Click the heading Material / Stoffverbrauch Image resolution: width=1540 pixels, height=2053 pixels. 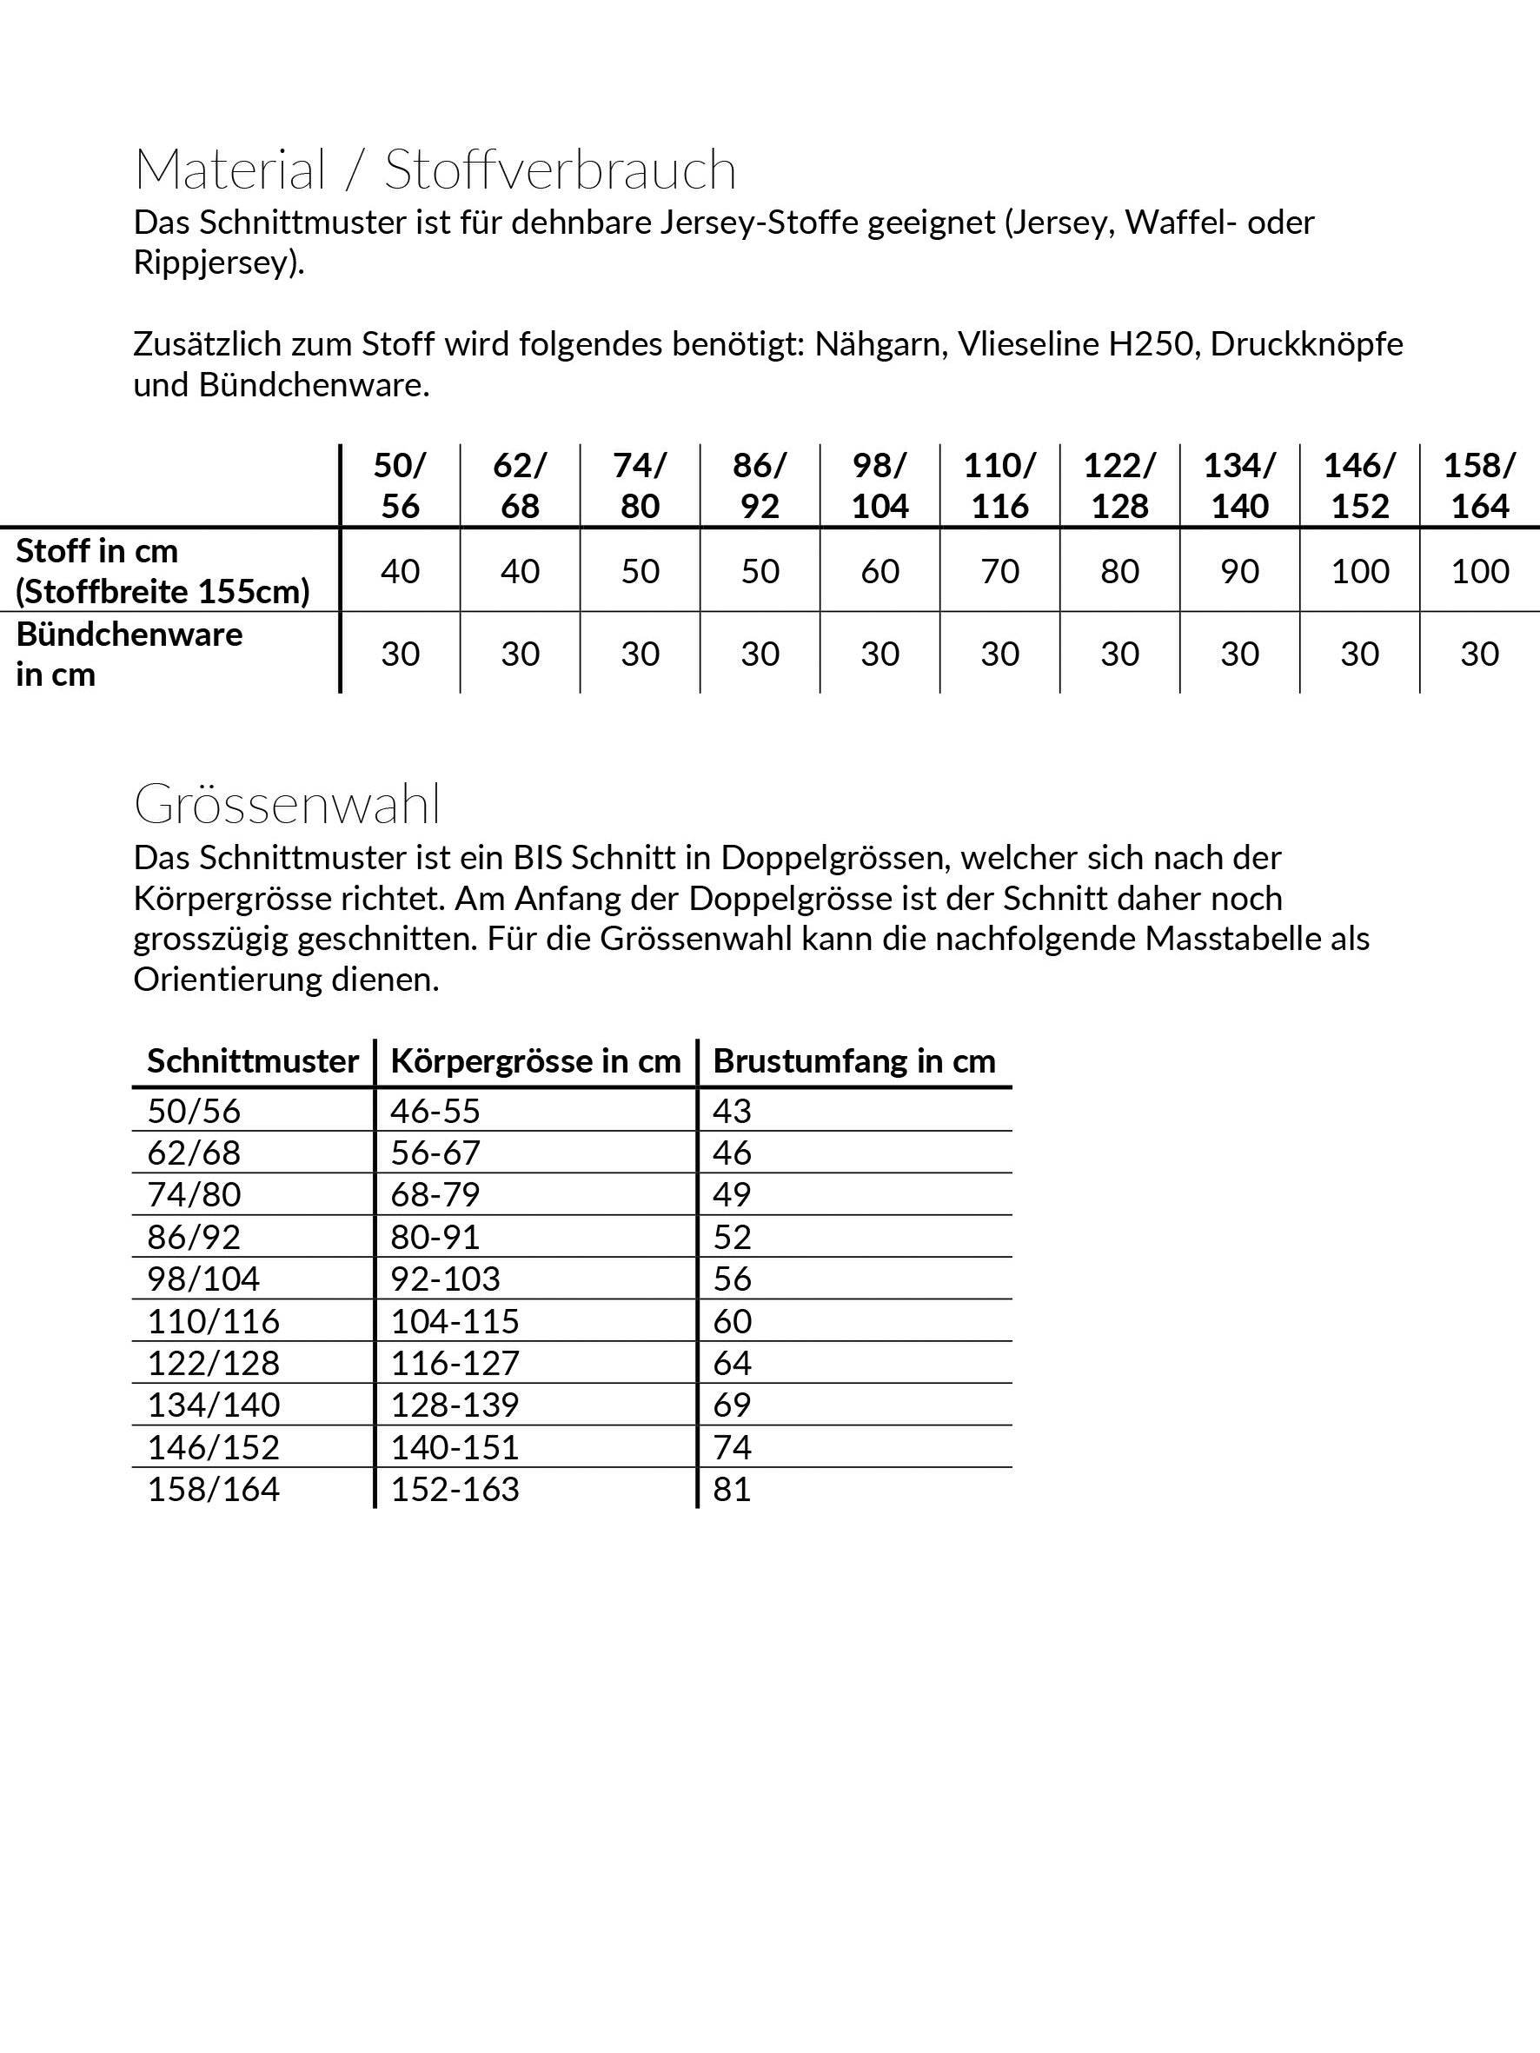435,169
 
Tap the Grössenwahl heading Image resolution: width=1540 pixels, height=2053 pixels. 287,804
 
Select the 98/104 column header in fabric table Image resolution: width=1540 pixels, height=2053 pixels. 880,485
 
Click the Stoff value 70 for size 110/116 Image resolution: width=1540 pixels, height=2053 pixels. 999,571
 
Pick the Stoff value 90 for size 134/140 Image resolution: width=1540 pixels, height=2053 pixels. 1239,571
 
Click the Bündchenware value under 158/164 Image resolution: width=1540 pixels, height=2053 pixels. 1479,654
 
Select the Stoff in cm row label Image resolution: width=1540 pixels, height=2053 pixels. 163,571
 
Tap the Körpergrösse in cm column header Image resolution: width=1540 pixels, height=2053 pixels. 534,1061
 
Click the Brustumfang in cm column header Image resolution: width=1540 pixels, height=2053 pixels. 853,1061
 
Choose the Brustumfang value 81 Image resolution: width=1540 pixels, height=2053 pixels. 732,1489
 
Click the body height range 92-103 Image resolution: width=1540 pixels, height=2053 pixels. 445,1279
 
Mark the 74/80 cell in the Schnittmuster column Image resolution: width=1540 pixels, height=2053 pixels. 194,1194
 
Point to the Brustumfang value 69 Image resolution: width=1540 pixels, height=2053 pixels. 732,1405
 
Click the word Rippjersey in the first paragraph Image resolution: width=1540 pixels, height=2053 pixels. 217,263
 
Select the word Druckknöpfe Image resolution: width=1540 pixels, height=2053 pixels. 1306,344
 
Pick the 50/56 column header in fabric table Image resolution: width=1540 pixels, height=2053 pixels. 400,485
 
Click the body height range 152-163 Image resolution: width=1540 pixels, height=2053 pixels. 454,1489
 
